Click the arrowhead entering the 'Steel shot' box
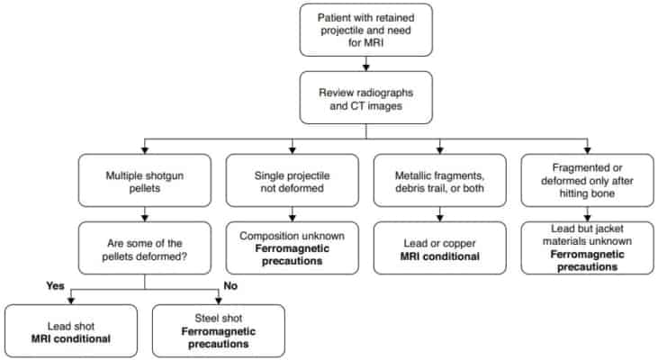pyautogui.click(x=219, y=300)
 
